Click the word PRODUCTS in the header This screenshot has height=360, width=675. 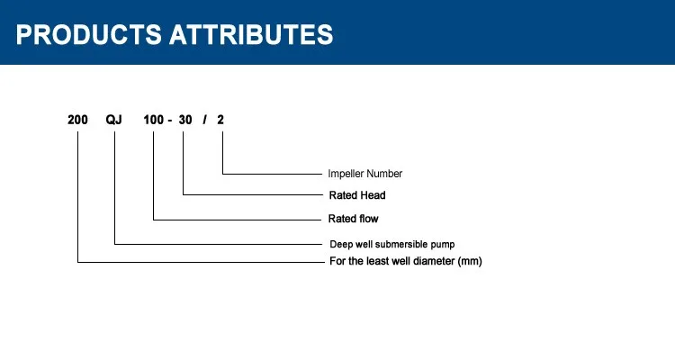(89, 34)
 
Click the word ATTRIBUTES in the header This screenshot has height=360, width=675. (251, 34)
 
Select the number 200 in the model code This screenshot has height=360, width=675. (77, 120)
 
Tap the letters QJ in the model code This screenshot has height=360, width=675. (113, 120)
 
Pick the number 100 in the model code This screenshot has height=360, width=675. (154, 120)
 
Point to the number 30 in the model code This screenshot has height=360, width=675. (185, 120)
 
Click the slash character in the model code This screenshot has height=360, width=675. (204, 120)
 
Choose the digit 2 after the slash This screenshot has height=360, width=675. (220, 120)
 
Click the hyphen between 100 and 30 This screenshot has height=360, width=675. (170, 121)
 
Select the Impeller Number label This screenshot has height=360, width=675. (365, 174)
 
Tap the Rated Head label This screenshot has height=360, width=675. (357, 195)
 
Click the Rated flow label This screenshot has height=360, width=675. (354, 219)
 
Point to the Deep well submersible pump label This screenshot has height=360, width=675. (392, 244)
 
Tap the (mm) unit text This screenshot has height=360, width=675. (470, 261)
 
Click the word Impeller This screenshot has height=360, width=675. (345, 174)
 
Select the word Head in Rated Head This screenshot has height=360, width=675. (373, 195)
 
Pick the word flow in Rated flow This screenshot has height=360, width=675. (368, 219)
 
